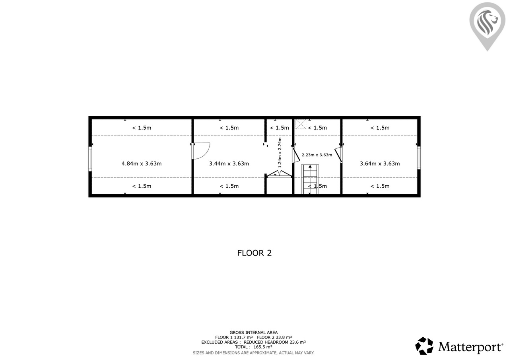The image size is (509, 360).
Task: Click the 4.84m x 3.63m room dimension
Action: (x=141, y=163)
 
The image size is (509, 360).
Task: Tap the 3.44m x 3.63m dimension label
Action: (x=229, y=163)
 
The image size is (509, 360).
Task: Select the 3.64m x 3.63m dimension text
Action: (x=380, y=163)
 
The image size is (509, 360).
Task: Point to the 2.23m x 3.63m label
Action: (x=317, y=155)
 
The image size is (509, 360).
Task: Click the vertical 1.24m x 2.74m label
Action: (x=280, y=152)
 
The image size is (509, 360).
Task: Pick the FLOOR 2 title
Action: (x=254, y=253)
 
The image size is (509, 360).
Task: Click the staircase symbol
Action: (x=310, y=179)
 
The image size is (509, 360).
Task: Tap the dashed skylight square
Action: (x=301, y=124)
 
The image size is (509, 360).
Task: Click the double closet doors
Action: (x=279, y=174)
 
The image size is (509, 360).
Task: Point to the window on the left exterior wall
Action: (x=90, y=159)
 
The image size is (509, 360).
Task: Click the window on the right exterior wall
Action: (x=419, y=158)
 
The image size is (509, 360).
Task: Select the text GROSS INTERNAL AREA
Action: (x=254, y=333)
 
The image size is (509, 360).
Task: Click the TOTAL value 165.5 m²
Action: (x=263, y=347)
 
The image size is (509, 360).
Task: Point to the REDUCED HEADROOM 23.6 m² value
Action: (x=275, y=342)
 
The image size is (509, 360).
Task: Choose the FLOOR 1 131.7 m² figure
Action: (x=234, y=337)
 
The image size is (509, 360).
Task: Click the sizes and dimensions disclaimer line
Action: (x=254, y=353)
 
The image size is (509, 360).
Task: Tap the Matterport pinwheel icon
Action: (x=424, y=346)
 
